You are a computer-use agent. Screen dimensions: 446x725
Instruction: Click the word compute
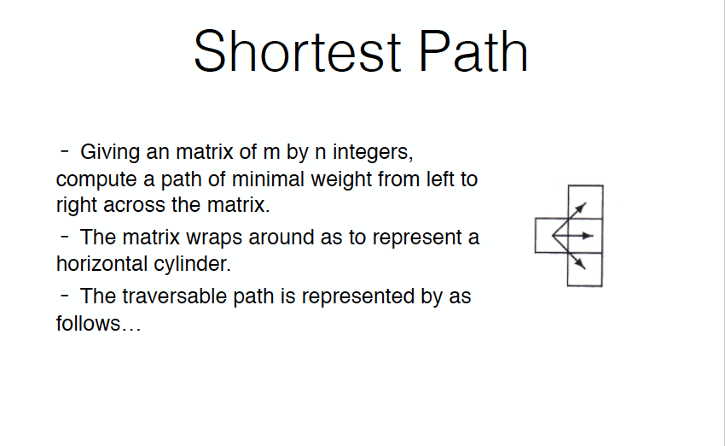(x=93, y=181)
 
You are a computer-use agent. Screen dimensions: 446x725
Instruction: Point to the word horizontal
(x=96, y=263)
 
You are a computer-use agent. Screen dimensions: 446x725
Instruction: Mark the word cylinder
(x=196, y=264)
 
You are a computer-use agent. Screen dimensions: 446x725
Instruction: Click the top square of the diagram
(x=585, y=202)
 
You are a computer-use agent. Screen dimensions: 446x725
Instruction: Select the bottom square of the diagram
(x=585, y=269)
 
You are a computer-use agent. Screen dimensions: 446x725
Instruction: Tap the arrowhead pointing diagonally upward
(x=582, y=206)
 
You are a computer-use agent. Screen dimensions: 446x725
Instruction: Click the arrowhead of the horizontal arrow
(x=588, y=235)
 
